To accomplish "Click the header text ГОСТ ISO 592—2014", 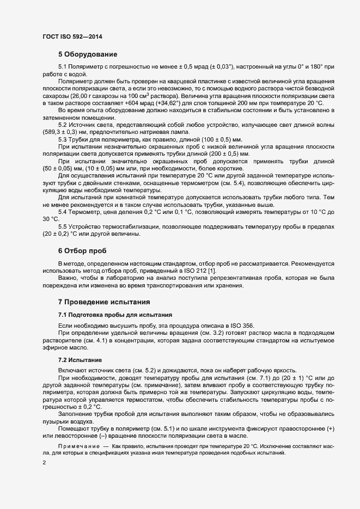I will coord(72,36).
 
